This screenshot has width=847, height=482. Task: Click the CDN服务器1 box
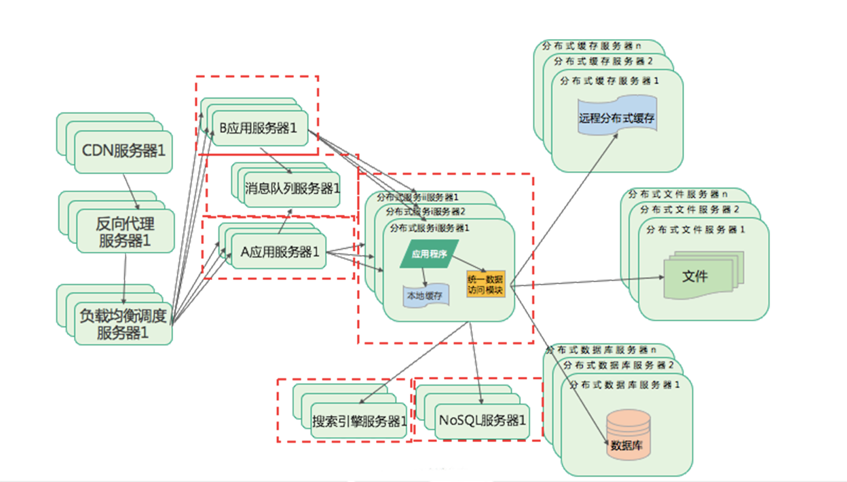[124, 151]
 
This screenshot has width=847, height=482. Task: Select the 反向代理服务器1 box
[124, 232]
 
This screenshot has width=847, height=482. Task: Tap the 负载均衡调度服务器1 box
[123, 324]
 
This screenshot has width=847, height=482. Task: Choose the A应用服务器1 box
[280, 252]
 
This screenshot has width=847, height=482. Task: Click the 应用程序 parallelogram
[429, 254]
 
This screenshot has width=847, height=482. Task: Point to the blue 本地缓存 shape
[424, 296]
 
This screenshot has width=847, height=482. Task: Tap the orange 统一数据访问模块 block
[485, 284]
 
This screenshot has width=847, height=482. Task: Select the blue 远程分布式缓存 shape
[617, 117]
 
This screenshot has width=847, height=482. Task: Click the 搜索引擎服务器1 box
[359, 421]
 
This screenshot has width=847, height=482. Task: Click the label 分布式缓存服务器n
[591, 47]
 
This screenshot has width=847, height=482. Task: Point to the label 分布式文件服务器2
[690, 209]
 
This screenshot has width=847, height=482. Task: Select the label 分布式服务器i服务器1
[430, 228]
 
